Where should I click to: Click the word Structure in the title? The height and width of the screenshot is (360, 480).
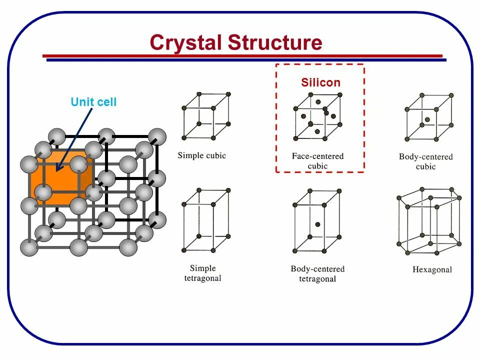(x=275, y=42)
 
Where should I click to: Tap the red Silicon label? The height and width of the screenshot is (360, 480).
(x=320, y=82)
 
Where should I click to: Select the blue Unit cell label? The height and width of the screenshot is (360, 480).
(x=93, y=102)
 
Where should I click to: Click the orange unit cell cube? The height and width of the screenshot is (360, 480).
(x=57, y=180)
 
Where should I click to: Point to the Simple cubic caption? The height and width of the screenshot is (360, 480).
(x=202, y=155)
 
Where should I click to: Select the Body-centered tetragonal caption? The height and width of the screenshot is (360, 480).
(x=317, y=274)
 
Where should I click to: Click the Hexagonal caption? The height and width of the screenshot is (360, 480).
(x=432, y=269)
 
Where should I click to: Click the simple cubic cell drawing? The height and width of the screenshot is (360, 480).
(x=205, y=116)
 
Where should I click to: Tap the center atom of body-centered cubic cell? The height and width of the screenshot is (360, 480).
(x=427, y=119)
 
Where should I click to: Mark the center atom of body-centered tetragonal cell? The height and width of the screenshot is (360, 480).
(x=317, y=224)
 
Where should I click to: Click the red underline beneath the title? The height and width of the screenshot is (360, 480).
(x=242, y=55)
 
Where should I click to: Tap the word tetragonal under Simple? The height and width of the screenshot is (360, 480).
(x=205, y=278)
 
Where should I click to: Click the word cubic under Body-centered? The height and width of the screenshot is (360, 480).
(x=426, y=166)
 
